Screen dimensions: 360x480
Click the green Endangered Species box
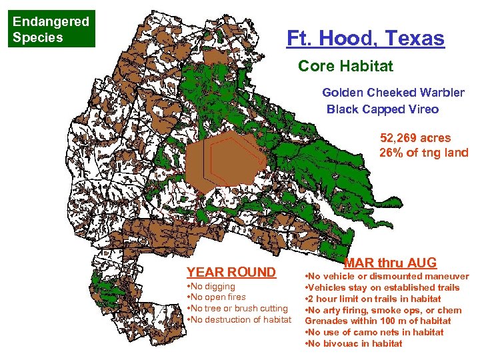(51, 29)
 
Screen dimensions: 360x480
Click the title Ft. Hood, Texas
(365, 38)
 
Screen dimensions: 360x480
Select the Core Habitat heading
(345, 67)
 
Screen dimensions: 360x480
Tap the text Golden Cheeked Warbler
(393, 93)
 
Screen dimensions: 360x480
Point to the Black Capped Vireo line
(383, 109)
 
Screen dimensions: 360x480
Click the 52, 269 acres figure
(415, 138)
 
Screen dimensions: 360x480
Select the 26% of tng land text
(424, 153)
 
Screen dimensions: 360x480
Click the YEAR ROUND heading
(231, 272)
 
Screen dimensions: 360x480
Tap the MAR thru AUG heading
(390, 263)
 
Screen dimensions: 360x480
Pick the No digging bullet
(211, 286)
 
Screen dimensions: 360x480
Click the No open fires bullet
(217, 297)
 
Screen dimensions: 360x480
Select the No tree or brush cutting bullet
(238, 309)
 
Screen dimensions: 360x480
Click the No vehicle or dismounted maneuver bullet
(387, 276)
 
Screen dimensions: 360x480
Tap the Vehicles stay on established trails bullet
(382, 287)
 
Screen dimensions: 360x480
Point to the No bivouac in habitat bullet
(353, 343)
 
